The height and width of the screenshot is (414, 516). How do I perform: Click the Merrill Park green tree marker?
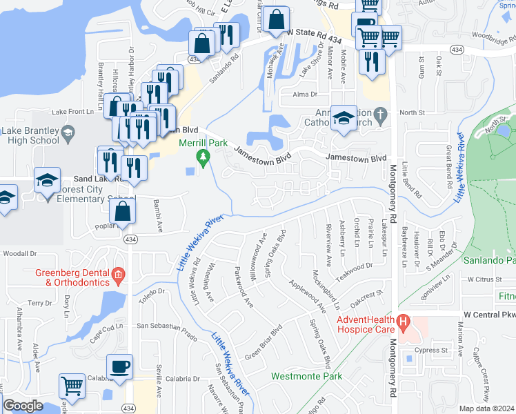(x=203, y=157)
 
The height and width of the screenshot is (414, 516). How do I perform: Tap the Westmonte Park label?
(x=307, y=377)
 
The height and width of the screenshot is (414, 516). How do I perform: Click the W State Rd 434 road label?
(x=315, y=32)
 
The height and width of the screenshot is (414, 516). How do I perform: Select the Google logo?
(x=23, y=405)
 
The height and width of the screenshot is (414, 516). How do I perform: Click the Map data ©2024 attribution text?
(x=486, y=408)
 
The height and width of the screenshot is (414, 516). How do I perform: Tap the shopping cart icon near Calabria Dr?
(x=71, y=387)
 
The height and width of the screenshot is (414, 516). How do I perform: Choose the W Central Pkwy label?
(x=489, y=314)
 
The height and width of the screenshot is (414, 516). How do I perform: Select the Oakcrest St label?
(x=366, y=297)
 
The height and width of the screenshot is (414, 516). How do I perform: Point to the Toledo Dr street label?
(x=152, y=293)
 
